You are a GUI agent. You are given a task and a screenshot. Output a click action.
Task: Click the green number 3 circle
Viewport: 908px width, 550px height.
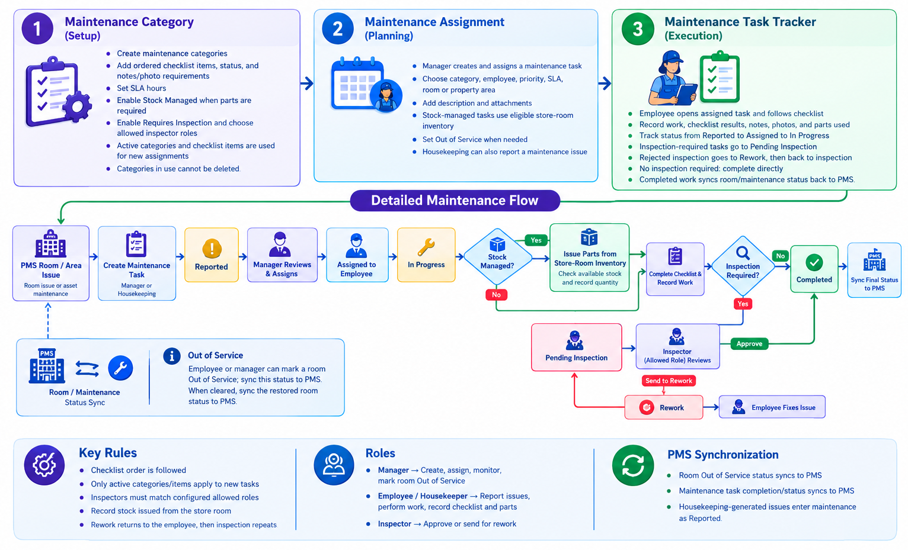638,29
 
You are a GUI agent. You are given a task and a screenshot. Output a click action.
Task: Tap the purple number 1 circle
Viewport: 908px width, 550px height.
37,29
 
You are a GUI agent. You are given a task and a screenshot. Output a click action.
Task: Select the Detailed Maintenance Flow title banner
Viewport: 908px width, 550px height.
455,201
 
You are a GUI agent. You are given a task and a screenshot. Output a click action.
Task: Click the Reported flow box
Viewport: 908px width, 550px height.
212,255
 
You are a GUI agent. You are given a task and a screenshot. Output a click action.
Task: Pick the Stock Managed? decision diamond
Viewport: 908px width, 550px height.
497,257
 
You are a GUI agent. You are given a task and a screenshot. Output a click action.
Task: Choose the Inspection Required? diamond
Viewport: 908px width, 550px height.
743,266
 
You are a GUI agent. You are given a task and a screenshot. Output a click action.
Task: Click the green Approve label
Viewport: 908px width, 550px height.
749,344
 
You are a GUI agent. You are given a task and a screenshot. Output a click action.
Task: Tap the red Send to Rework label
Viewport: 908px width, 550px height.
669,381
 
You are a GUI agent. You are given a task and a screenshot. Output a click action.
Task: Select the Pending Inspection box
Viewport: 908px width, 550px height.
577,347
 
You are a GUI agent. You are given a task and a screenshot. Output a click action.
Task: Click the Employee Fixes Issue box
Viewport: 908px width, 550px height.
772,407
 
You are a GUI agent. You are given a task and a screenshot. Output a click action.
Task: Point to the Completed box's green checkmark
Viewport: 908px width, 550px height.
814,262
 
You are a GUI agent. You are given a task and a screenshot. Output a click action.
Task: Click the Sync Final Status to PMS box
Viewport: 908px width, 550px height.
874,270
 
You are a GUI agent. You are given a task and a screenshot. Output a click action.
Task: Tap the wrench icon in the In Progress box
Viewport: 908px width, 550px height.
426,247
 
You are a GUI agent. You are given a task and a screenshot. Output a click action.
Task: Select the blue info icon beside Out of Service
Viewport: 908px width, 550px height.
172,356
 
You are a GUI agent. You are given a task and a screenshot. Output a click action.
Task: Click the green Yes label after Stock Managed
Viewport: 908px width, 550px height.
536,240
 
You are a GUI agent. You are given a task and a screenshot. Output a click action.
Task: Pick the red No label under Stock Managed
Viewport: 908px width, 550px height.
496,295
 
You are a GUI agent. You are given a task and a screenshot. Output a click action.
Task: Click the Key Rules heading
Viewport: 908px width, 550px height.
108,453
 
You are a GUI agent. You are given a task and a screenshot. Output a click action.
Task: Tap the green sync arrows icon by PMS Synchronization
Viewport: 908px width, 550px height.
633,465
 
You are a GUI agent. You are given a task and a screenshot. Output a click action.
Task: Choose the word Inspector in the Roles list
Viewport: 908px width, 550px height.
394,524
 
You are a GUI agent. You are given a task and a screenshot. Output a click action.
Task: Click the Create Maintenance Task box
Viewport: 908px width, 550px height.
137,263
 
